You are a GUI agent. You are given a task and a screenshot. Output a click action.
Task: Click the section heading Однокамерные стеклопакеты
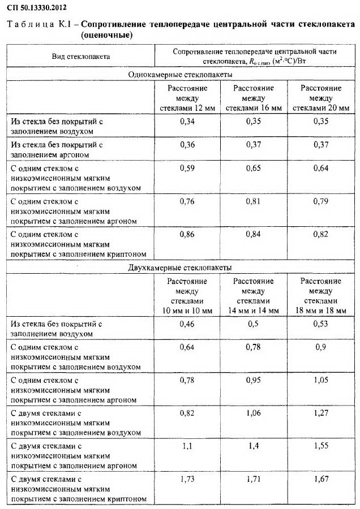(x=180, y=74)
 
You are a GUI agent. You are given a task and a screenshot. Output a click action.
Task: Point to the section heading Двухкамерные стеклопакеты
(x=180, y=268)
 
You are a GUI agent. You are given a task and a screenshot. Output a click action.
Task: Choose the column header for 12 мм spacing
(x=187, y=98)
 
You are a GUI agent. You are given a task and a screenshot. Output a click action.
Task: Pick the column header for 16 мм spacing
(x=254, y=98)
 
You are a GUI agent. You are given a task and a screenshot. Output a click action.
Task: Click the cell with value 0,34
(x=187, y=121)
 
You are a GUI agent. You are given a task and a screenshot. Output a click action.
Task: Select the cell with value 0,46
(x=187, y=323)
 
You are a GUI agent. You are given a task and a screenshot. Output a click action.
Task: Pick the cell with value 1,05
(x=320, y=380)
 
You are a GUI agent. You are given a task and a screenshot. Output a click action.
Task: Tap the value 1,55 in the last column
(x=320, y=446)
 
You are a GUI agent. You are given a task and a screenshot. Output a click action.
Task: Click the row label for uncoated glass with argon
(x=57, y=149)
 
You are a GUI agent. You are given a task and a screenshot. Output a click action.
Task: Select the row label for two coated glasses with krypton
(x=79, y=489)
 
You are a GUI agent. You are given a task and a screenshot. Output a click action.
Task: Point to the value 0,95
(x=253, y=380)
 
